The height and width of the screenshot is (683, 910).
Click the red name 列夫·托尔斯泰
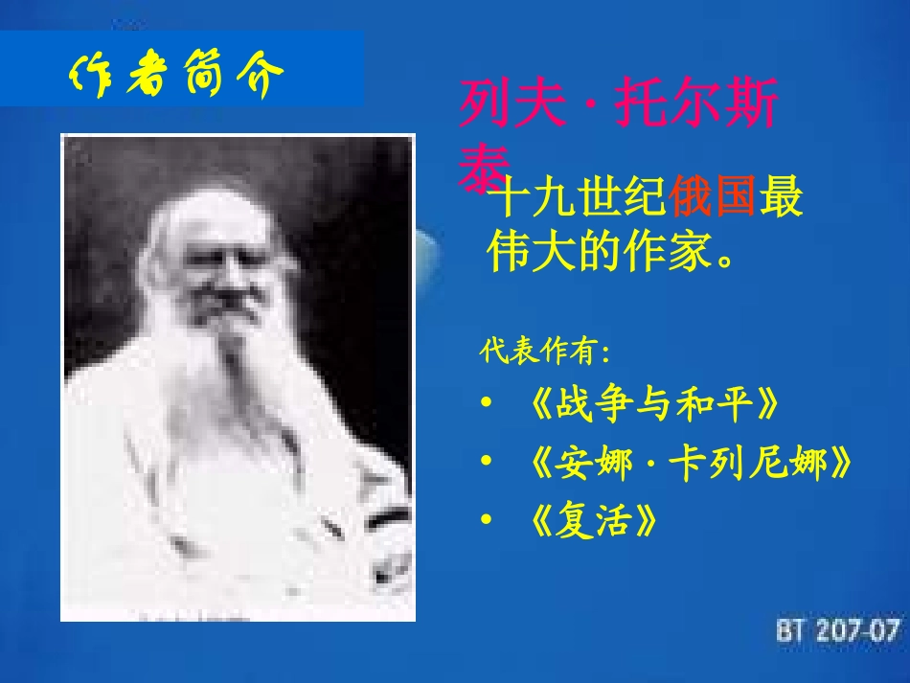[619, 128]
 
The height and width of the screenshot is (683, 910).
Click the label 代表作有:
[545, 352]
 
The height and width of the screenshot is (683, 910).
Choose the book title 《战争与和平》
[652, 406]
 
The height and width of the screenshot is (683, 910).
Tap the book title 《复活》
[594, 522]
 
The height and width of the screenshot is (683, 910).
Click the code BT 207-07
[838, 630]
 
